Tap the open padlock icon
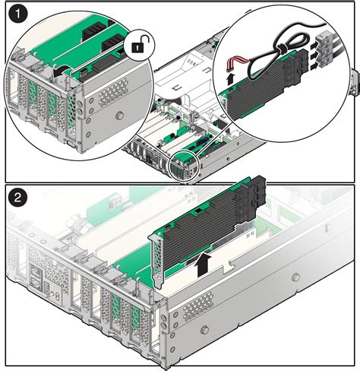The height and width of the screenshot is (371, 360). click(137, 47)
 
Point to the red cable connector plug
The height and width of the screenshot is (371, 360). click(238, 61)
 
